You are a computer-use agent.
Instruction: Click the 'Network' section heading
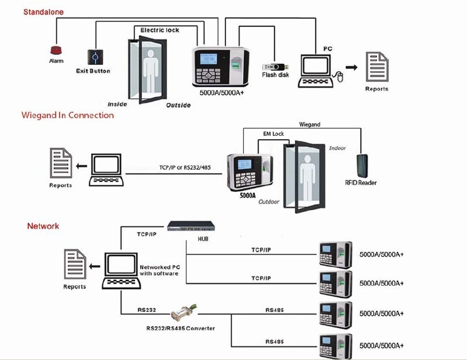[x=43, y=226]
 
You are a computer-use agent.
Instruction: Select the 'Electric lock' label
[x=160, y=30]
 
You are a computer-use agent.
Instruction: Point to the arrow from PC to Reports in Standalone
[x=351, y=67]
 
